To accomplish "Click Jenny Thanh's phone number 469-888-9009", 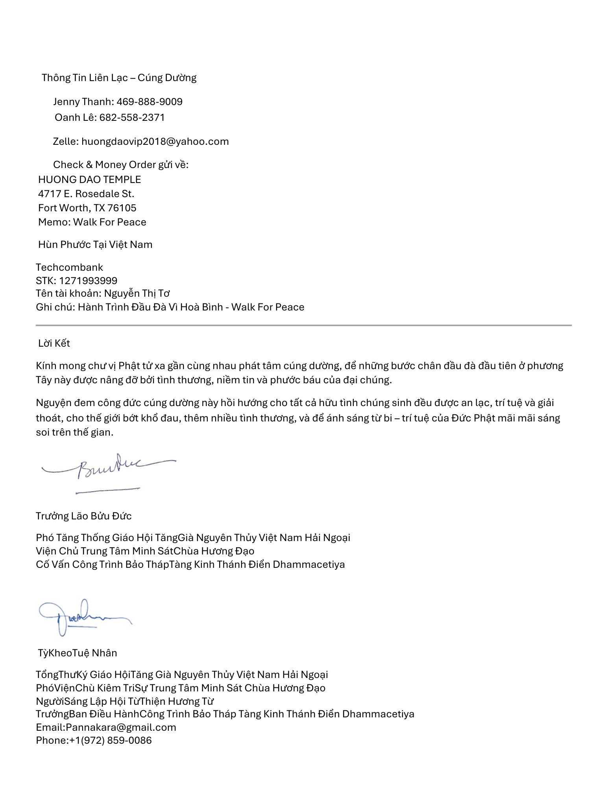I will click(x=150, y=102).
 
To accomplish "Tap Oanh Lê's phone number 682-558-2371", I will click(x=132, y=117).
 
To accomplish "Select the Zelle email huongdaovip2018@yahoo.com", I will click(x=155, y=141).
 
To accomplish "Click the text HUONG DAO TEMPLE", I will click(x=89, y=179).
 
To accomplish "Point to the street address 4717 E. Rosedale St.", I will click(x=86, y=194).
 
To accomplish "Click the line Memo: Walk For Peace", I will click(x=92, y=222).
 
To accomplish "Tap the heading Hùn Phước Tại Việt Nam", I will click(x=95, y=244).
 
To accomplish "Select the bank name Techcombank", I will click(x=69, y=267).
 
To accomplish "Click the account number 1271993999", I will click(x=88, y=281).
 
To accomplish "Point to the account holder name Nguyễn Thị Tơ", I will click(x=137, y=293).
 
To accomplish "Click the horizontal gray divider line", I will click(x=303, y=325).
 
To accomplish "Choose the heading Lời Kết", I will click(x=54, y=343).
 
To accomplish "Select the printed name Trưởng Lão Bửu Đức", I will click(x=83, y=516).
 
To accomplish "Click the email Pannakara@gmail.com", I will click(x=121, y=727).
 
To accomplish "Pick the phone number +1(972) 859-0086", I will click(x=111, y=740).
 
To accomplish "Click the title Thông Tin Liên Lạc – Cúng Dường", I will click(x=119, y=78).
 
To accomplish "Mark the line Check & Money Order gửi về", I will click(x=121, y=164).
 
